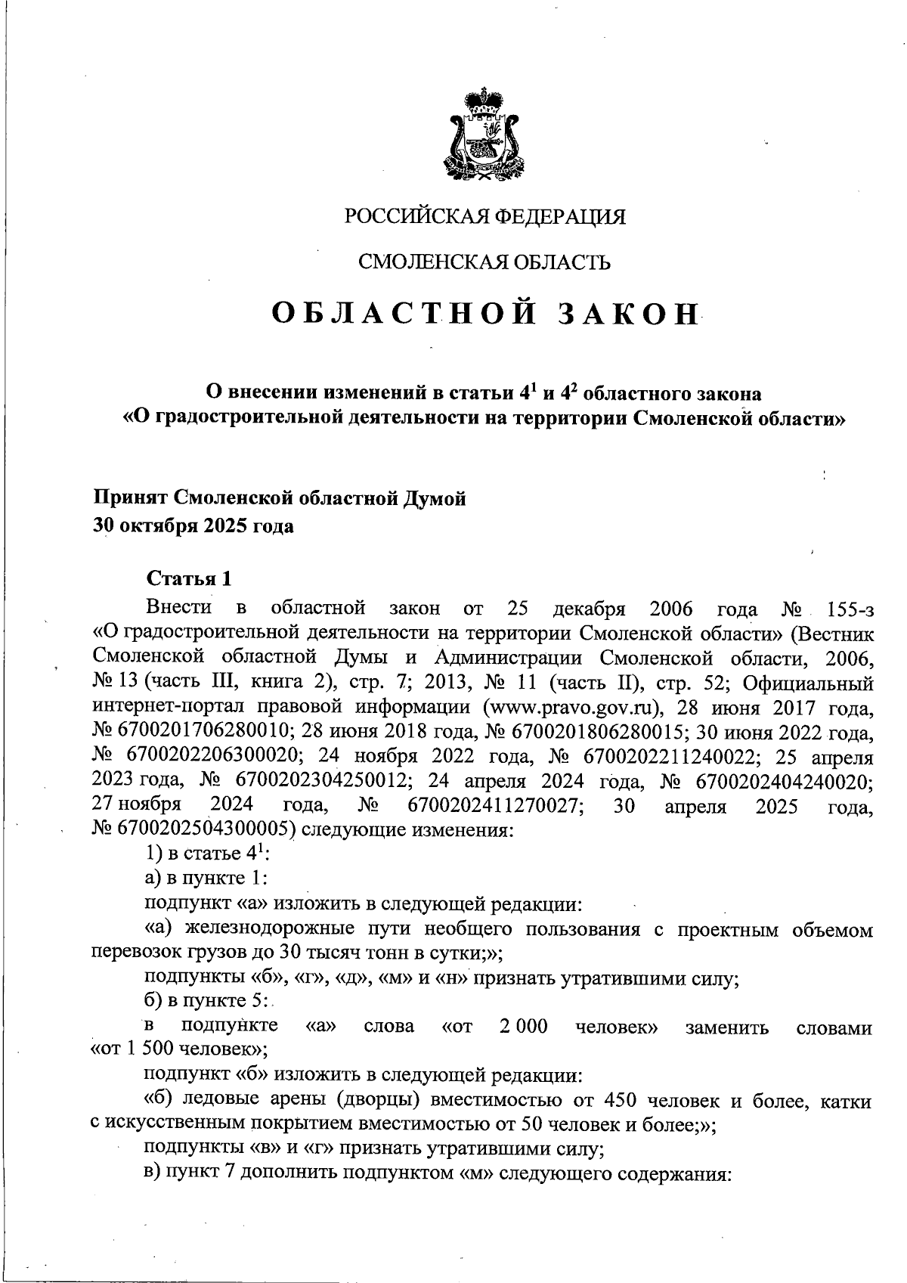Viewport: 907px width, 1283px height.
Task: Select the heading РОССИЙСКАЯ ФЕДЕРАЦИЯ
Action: tap(485, 217)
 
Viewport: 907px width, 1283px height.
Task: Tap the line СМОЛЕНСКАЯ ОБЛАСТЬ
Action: tap(484, 262)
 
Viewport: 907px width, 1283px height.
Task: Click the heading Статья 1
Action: tap(189, 579)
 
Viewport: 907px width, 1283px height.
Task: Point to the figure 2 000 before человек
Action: tap(524, 1026)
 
